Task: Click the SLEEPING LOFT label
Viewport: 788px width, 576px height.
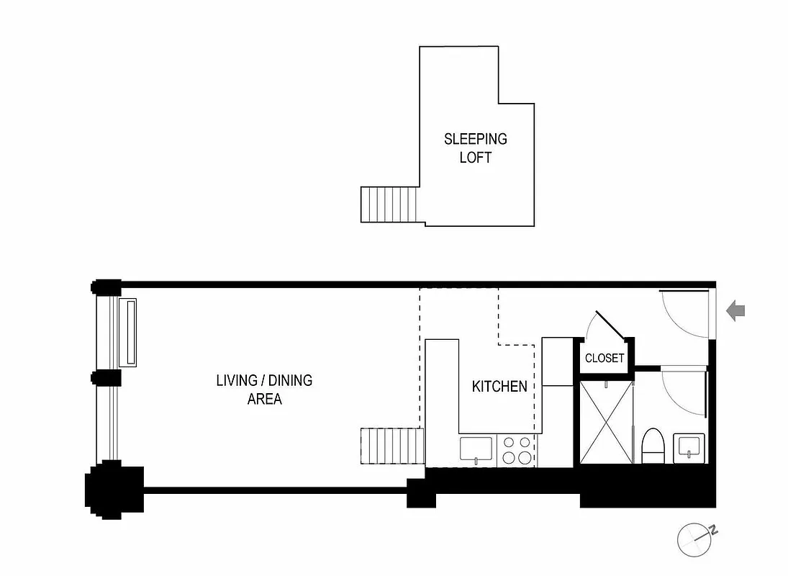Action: (475, 148)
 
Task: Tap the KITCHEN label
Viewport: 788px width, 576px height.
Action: (499, 387)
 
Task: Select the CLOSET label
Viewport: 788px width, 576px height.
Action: (604, 358)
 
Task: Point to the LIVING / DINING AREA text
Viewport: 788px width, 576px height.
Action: (264, 389)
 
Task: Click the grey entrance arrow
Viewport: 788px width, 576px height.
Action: (735, 312)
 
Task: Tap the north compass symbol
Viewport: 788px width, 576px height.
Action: (696, 539)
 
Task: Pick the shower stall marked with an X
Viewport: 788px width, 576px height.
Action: (605, 423)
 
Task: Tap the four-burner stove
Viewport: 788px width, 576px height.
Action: (517, 450)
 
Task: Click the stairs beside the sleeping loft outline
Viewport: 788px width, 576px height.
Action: (389, 204)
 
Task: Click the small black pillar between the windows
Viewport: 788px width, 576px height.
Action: (106, 378)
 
